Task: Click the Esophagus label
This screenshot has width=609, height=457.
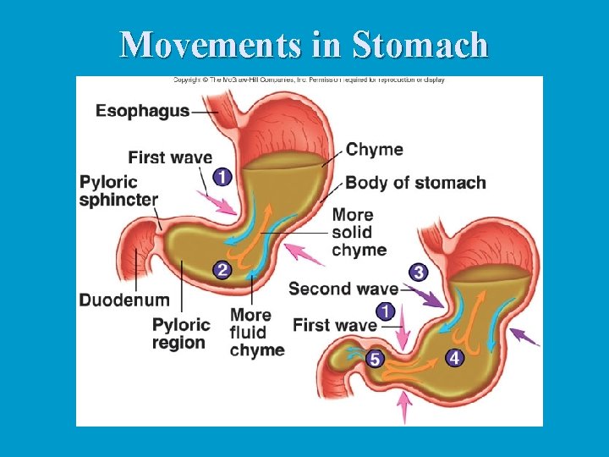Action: coord(142,111)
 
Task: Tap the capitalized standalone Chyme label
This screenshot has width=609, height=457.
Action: coord(374,150)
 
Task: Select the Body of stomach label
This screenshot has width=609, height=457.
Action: coord(415,183)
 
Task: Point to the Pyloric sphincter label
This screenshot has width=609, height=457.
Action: coord(118,191)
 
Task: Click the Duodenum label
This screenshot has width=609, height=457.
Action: coord(123,300)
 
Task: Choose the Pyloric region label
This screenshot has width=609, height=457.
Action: coord(181,333)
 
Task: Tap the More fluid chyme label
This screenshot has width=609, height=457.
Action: coord(256,333)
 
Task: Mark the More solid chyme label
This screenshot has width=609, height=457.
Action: coord(359,232)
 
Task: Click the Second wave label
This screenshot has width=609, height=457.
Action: coord(343,289)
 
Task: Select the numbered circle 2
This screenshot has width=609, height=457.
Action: coord(222,270)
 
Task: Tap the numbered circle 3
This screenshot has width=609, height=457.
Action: coord(418,272)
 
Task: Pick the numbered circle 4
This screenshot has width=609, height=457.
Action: coord(454,358)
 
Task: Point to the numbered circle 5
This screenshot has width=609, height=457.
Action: coord(376,359)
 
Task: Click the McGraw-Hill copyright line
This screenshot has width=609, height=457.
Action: coord(309,80)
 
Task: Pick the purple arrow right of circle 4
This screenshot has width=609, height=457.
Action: coord(525,337)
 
